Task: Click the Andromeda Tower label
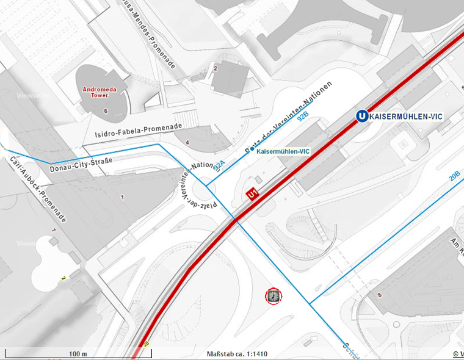click(x=95, y=92)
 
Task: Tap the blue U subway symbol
click(x=363, y=116)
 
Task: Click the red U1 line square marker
click(x=252, y=194)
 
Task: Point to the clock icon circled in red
click(x=274, y=297)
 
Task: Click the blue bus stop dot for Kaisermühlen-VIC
click(x=252, y=149)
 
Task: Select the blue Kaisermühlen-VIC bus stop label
click(x=283, y=151)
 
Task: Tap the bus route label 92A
click(x=219, y=164)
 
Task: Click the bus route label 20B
click(x=454, y=176)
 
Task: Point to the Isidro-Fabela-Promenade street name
click(x=139, y=130)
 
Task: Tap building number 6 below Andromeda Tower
click(x=106, y=110)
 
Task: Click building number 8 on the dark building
click(x=379, y=295)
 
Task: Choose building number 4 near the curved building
click(x=187, y=143)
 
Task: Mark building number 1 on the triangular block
click(x=122, y=197)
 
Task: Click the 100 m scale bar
click(x=77, y=354)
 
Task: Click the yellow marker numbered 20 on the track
click(x=146, y=344)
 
